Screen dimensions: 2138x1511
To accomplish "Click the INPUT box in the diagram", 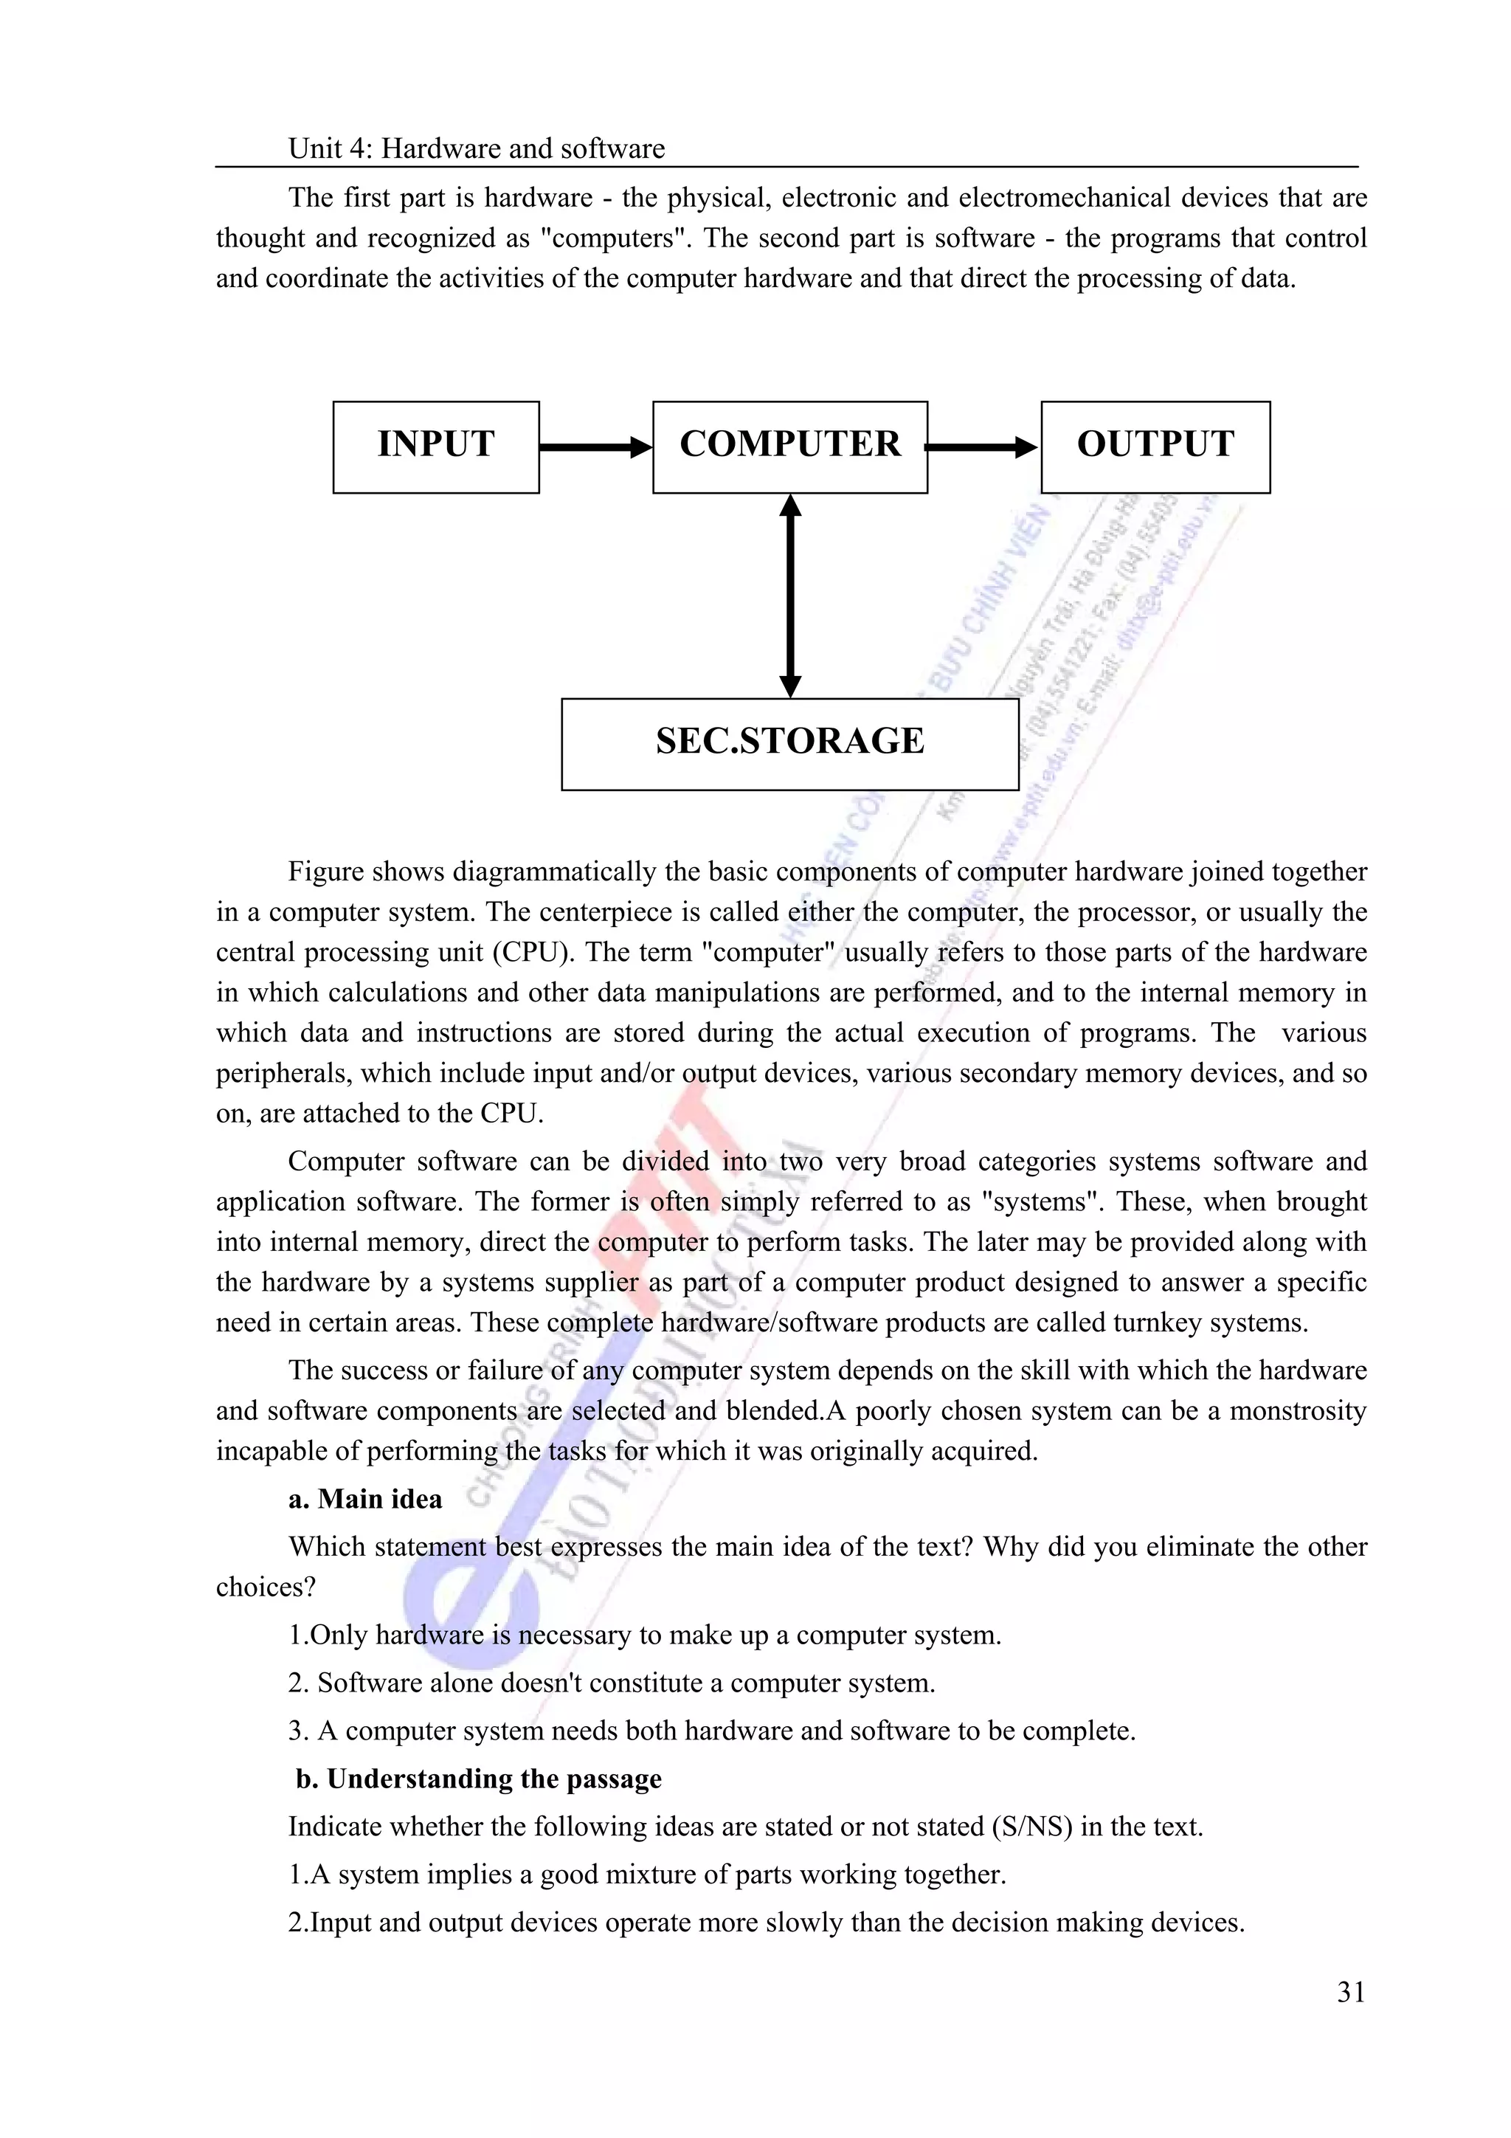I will (x=436, y=447).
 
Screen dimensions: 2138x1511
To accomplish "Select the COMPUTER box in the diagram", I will (x=789, y=447).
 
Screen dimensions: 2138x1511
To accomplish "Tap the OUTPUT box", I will (x=1155, y=447).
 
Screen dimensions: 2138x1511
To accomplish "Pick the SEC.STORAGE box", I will (x=789, y=744).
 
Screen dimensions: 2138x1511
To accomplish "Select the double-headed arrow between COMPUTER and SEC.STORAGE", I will (x=789, y=596).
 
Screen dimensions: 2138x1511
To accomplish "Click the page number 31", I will (x=1351, y=1993).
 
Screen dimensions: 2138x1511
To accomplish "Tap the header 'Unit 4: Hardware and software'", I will (x=477, y=149).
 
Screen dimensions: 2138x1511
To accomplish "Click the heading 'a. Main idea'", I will (x=365, y=1498).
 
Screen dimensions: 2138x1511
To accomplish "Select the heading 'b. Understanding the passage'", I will (x=479, y=1779).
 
